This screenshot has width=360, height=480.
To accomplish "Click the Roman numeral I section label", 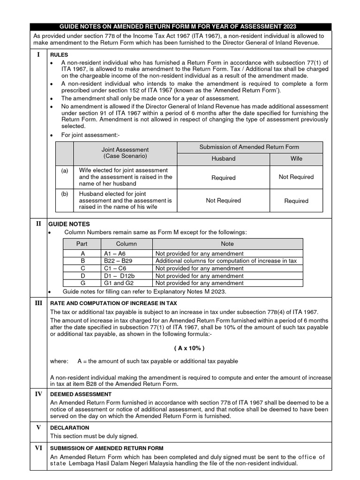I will pyautogui.click(x=38, y=54).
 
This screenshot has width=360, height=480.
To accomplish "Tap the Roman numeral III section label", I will pyautogui.click(x=38, y=303).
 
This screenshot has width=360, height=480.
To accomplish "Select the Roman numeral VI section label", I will pyautogui.click(x=38, y=448).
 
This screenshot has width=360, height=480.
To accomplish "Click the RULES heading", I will pyautogui.click(x=59, y=55).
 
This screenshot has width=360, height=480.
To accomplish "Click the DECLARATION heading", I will pyautogui.click(x=69, y=427).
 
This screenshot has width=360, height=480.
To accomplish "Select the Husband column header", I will pyautogui.click(x=223, y=158).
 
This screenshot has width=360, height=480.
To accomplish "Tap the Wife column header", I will pyautogui.click(x=296, y=158).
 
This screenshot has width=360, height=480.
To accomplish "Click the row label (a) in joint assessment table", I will pyautogui.click(x=64, y=171).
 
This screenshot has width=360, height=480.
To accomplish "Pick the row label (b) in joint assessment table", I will pyautogui.click(x=64, y=194).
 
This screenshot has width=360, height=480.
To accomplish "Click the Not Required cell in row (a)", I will pyautogui.click(x=296, y=177).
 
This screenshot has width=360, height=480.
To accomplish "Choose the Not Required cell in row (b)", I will pyautogui.click(x=223, y=200).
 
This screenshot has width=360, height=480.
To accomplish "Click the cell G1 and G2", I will pyautogui.click(x=117, y=283).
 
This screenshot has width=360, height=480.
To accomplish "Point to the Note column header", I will pyautogui.click(x=227, y=244).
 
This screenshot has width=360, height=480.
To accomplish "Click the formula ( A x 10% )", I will pyautogui.click(x=189, y=348).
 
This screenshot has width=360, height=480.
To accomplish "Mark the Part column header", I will pyautogui.click(x=82, y=244).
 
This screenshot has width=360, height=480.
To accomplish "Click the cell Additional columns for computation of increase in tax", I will pyautogui.click(x=226, y=261).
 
